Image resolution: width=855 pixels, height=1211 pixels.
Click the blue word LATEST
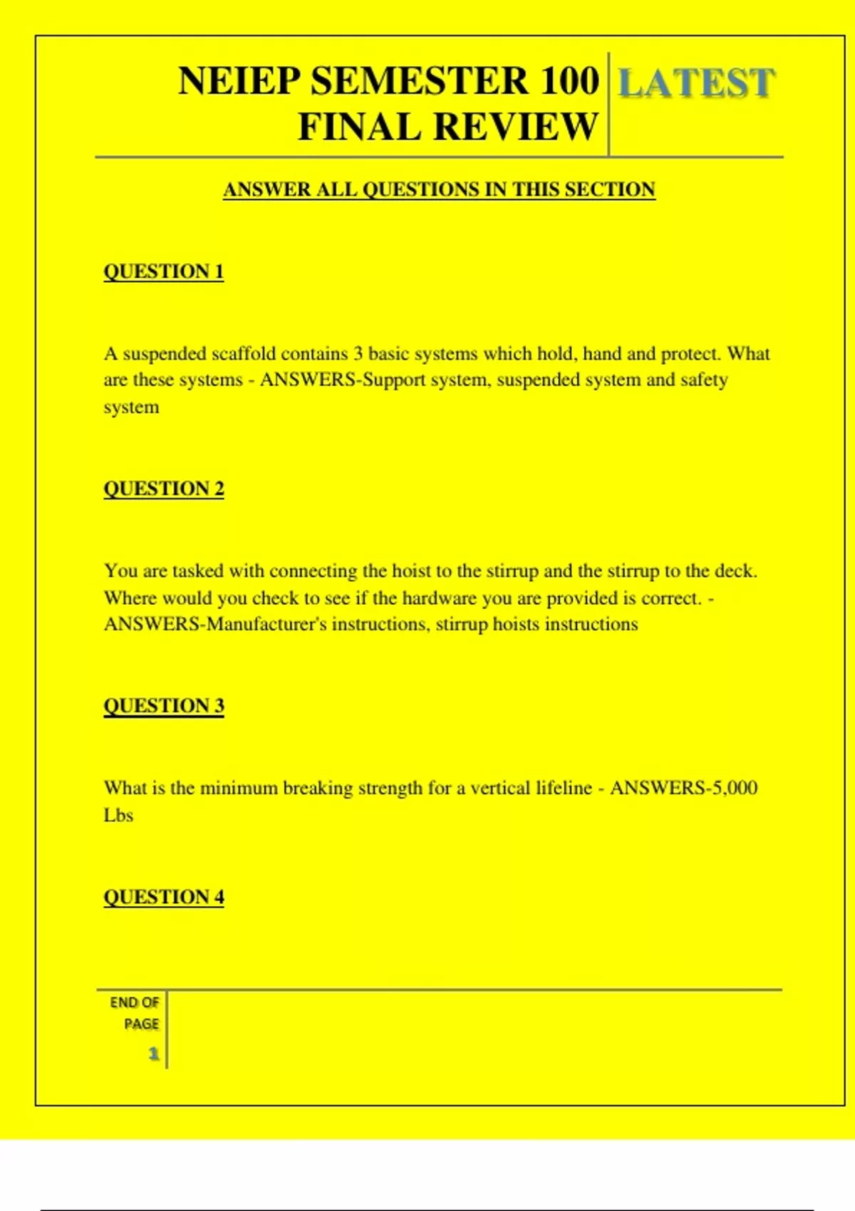click(695, 83)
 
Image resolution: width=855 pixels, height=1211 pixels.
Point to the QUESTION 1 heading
click(164, 271)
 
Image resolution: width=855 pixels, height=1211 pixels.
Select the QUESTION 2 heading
click(164, 489)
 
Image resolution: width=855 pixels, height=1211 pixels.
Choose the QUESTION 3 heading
click(164, 706)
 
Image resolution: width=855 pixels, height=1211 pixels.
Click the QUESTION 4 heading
click(164, 897)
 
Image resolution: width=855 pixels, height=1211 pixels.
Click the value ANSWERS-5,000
click(683, 788)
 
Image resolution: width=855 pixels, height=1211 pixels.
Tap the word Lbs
click(118, 816)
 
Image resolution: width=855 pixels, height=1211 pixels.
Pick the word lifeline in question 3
click(562, 788)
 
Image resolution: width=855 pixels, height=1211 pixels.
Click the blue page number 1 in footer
click(153, 1054)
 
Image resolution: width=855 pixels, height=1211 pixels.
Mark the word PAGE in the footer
click(141, 1024)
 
